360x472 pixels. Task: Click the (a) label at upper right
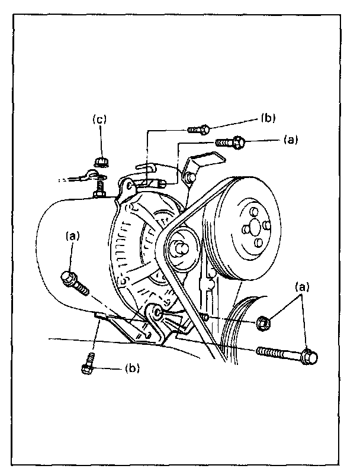coord(290,140)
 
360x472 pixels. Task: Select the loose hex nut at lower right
coord(265,324)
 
